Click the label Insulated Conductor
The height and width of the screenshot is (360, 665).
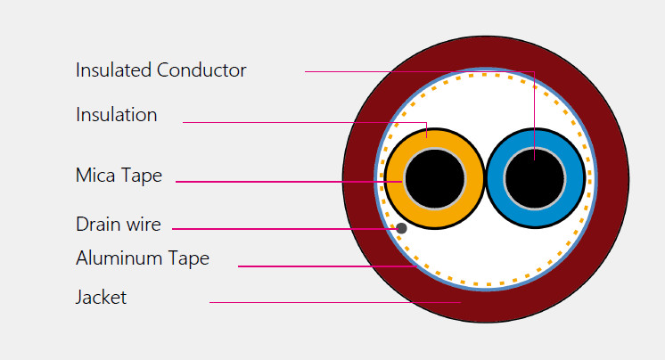coord(160,70)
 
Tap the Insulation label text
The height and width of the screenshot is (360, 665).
coord(116,115)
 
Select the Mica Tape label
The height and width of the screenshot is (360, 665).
coord(119,176)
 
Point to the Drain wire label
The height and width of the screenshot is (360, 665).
coord(118,225)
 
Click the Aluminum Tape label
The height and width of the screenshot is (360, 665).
coord(142,258)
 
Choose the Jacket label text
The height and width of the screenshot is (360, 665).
coord(101,298)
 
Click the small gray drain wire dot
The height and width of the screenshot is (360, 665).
coord(401,229)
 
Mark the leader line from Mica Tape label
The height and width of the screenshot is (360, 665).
coord(285,182)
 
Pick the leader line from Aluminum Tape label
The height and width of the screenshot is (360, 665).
coord(321,266)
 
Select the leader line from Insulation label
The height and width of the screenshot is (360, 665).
coord(303,122)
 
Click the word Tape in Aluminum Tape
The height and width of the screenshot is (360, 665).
coord(190,258)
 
